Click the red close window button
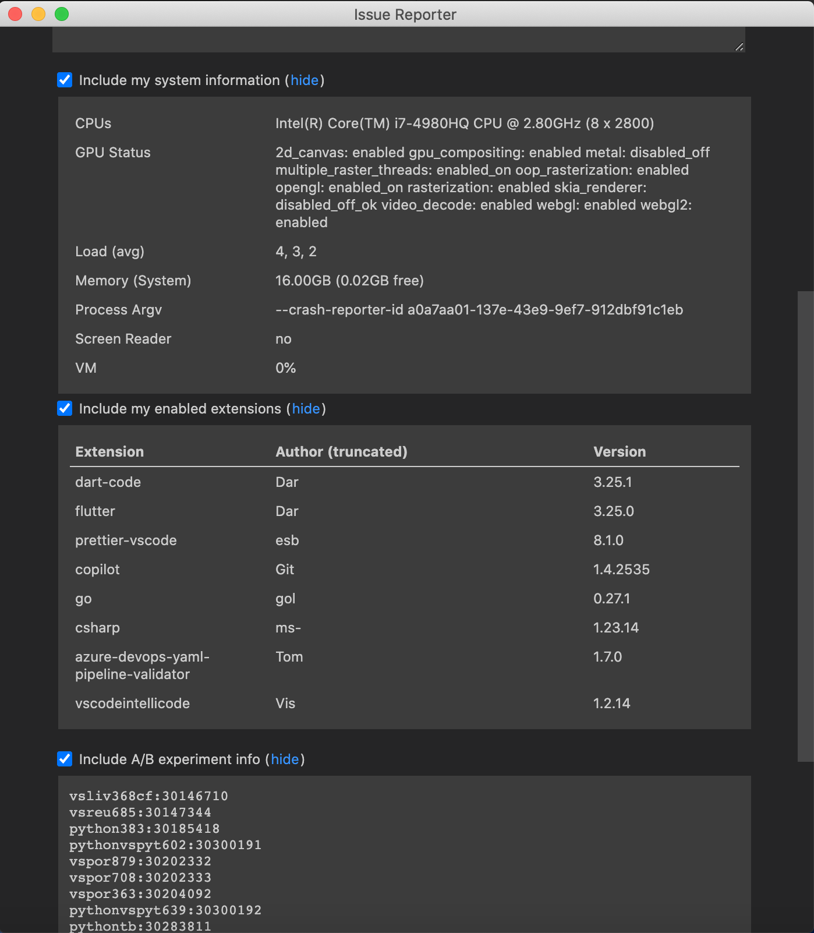(16, 14)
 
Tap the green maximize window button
(62, 14)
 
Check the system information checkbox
(65, 80)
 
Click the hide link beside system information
(305, 80)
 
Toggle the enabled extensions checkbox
(65, 408)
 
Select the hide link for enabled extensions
(306, 409)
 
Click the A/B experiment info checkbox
(65, 759)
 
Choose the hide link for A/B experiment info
(285, 759)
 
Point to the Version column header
(620, 452)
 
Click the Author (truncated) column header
(341, 452)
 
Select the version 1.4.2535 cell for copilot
(621, 570)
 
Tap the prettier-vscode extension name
(126, 540)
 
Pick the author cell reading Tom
(289, 657)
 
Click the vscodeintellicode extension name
(132, 704)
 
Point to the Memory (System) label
(133, 281)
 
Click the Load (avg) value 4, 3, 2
(296, 252)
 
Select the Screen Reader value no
(284, 339)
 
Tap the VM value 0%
(285, 368)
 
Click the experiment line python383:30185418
(144, 829)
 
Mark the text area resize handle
(739, 47)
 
